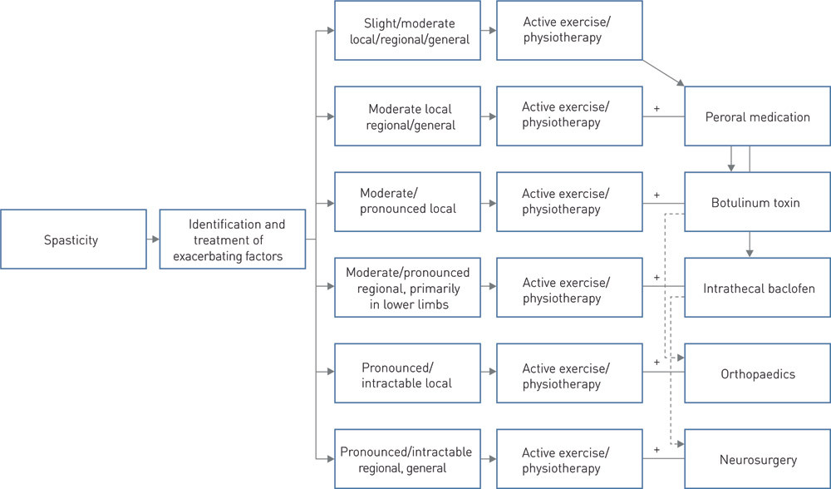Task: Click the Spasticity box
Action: click(73, 240)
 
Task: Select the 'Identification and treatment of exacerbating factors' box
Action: click(233, 240)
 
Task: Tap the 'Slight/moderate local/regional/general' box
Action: click(407, 32)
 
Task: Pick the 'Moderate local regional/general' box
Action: click(407, 116)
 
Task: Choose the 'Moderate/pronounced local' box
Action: click(407, 201)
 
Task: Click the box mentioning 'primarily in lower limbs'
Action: click(407, 287)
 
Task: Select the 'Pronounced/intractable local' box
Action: click(407, 374)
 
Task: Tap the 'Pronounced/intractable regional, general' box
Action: click(407, 459)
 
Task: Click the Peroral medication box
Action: click(757, 116)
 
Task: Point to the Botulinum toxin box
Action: click(757, 202)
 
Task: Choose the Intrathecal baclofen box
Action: click(757, 289)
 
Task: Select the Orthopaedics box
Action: click(757, 374)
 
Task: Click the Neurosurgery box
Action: click(757, 459)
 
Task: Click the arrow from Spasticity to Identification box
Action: click(153, 240)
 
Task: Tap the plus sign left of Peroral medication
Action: click(656, 108)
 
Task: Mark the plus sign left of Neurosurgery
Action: click(656, 450)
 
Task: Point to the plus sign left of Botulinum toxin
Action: click(656, 195)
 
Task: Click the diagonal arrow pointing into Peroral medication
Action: click(665, 72)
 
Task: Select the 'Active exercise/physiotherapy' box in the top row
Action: click(569, 32)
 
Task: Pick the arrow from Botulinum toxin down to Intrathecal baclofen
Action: click(750, 244)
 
